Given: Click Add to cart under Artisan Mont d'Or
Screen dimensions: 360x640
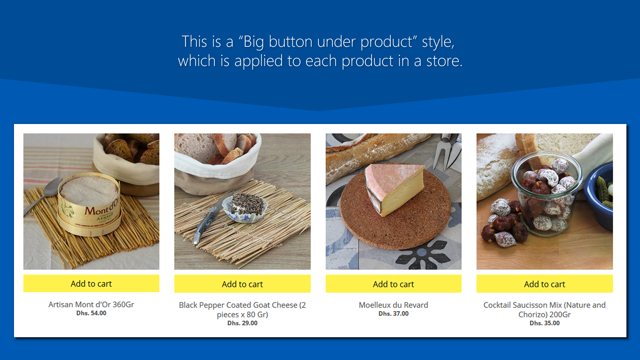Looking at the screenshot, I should pyautogui.click(x=91, y=284).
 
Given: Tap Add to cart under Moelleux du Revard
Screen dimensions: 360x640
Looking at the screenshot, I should pyautogui.click(x=393, y=284).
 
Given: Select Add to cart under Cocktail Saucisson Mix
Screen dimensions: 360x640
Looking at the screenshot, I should pyautogui.click(x=544, y=284).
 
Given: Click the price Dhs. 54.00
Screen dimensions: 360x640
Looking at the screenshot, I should pyautogui.click(x=91, y=313).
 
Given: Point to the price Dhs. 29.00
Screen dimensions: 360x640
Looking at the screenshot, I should pyautogui.click(x=242, y=323).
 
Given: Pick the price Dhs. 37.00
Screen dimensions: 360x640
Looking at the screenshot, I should pyautogui.click(x=393, y=314).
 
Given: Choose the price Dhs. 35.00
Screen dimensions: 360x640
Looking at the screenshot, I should pyautogui.click(x=544, y=323).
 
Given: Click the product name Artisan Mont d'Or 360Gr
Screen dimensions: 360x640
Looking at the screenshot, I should pyautogui.click(x=91, y=304).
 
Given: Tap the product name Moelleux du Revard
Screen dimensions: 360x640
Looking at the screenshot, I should pyautogui.click(x=393, y=305).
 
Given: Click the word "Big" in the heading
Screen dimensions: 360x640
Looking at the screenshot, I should pyautogui.click(x=254, y=42).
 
